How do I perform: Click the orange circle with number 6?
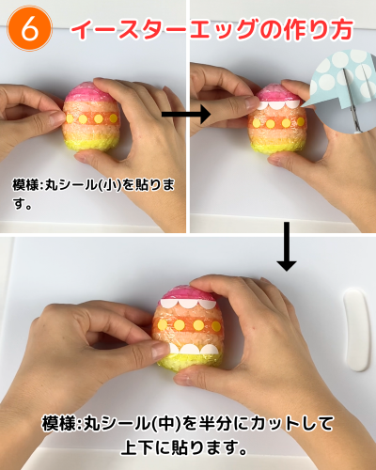[30, 29]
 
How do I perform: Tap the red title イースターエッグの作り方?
[212, 30]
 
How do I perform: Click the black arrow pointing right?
[186, 115]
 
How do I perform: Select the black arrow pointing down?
[287, 246]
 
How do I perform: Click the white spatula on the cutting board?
[356, 330]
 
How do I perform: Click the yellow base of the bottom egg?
[190, 361]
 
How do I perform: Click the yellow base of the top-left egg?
[91, 144]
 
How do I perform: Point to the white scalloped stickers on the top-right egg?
[277, 104]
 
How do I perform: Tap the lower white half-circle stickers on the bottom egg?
[195, 349]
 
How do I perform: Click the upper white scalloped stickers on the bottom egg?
[187, 304]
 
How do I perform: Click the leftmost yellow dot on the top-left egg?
[70, 118]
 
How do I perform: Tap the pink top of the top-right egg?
[274, 93]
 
